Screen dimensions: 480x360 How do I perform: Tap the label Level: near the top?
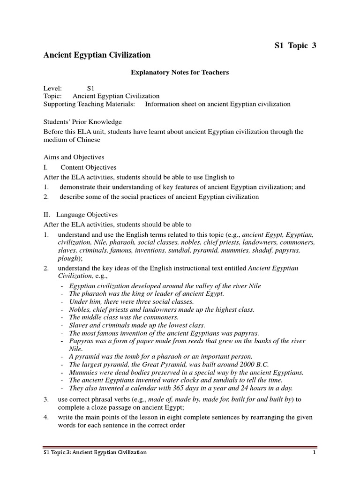[52, 88]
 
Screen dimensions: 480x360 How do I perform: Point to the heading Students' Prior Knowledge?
[82, 122]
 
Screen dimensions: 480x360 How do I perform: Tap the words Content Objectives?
[89, 167]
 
